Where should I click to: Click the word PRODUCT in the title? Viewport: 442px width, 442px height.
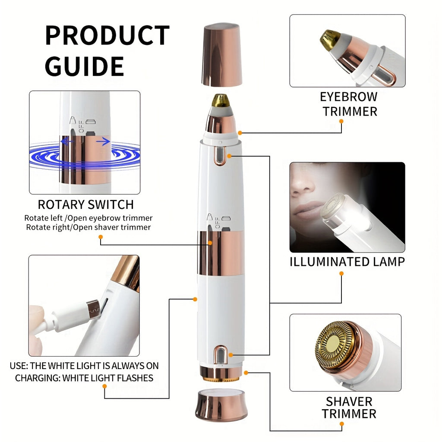coord(107,35)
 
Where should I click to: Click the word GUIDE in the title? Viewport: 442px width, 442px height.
coord(85,66)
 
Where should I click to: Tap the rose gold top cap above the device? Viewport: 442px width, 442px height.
coord(222,55)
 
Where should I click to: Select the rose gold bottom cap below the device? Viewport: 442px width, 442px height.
coord(221,405)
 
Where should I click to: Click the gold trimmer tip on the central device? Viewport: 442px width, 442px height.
coord(221,101)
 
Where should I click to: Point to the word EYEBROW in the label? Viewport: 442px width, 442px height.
coord(348,97)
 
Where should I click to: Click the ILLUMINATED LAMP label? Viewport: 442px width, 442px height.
coord(347,262)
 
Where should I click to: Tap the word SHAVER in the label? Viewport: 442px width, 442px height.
coord(349,401)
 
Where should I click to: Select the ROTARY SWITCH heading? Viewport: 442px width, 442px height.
coord(86,205)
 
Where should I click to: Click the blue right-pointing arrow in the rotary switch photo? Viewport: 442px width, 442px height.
coord(103,141)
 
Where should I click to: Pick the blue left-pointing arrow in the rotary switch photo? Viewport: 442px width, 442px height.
coord(66,141)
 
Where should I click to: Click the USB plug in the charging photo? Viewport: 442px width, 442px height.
coord(93,309)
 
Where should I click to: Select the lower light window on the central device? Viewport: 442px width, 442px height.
coord(221,354)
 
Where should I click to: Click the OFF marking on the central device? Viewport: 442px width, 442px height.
coord(217,223)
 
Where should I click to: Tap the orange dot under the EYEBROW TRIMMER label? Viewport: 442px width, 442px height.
coord(341,121)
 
